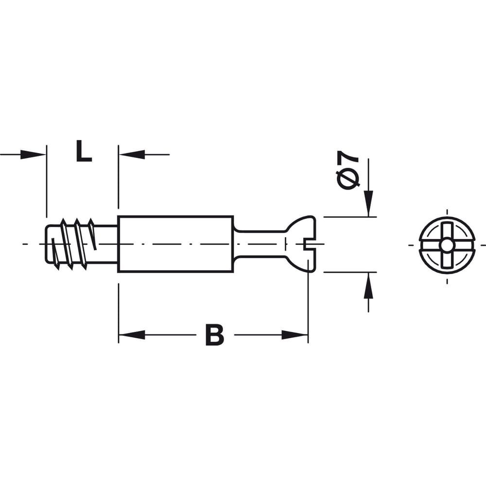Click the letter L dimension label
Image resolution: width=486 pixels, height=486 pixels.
[x=84, y=151]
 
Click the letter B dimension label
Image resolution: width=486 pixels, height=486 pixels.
[x=214, y=335]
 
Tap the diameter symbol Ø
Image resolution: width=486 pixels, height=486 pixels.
[x=348, y=179]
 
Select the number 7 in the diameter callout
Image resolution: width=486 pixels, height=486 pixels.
[x=348, y=157]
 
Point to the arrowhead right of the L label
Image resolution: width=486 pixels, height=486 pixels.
[x=132, y=155]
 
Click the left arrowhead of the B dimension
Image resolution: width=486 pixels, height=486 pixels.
[x=132, y=335]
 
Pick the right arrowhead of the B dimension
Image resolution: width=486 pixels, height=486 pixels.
[x=295, y=335]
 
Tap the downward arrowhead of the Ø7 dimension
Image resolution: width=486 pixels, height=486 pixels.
[x=368, y=203]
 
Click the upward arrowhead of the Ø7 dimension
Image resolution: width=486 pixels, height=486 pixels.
[x=368, y=285]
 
